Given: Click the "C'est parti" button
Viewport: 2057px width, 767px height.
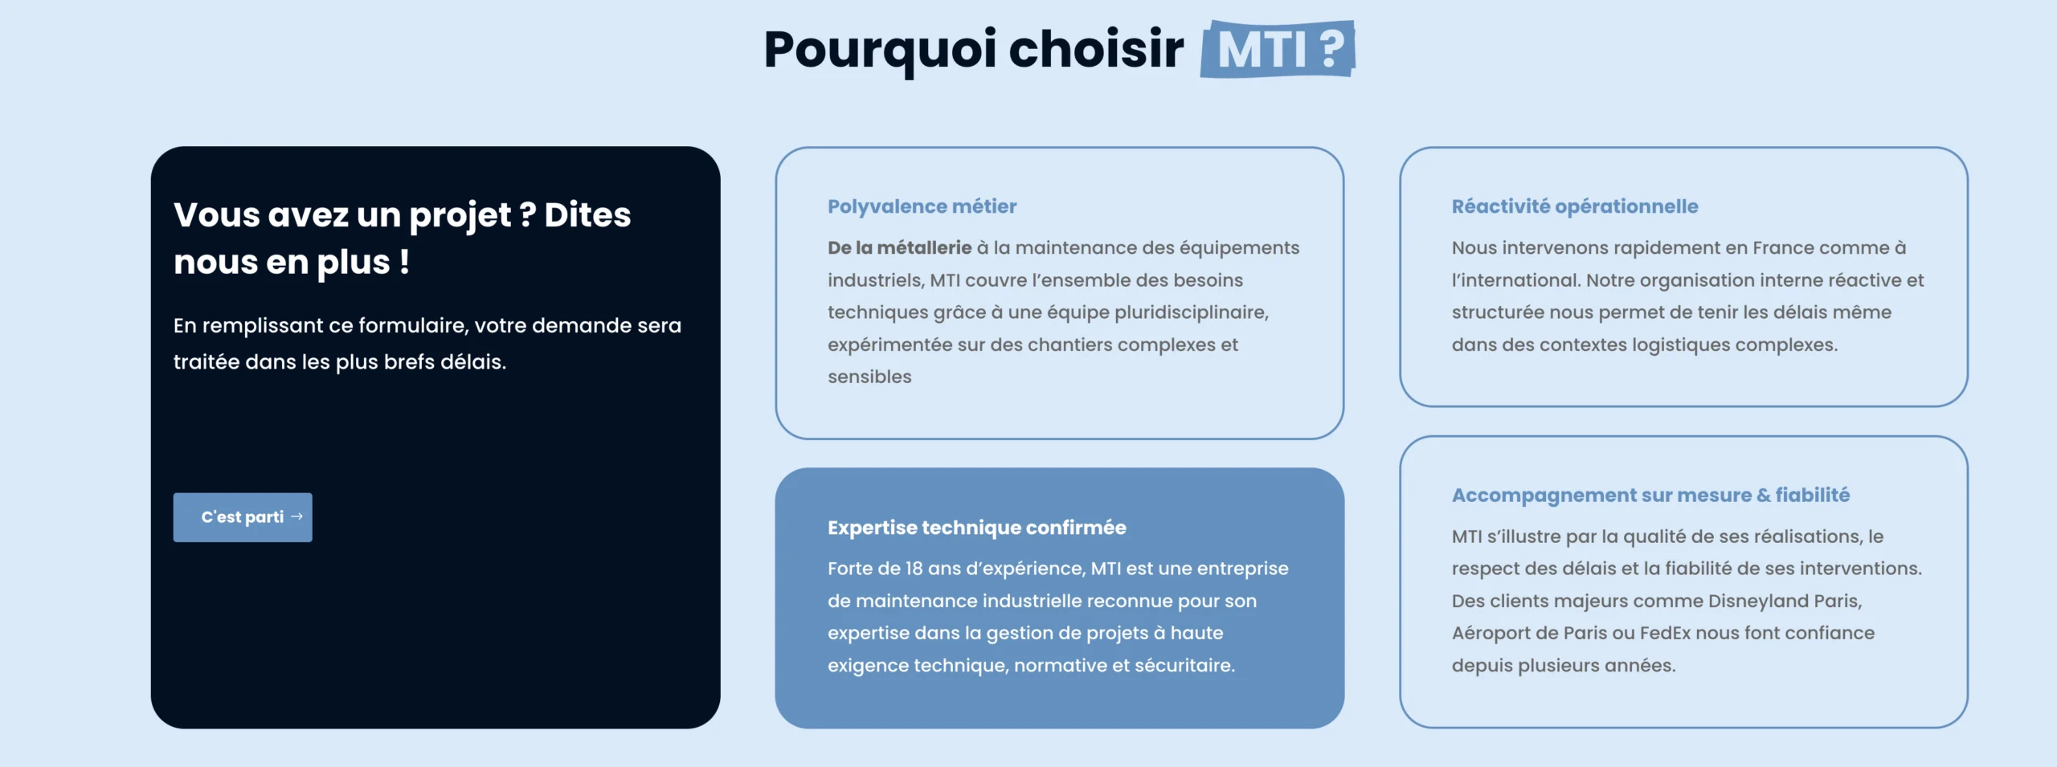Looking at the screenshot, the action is point(243,517).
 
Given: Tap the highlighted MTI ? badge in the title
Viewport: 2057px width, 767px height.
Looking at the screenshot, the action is point(1278,49).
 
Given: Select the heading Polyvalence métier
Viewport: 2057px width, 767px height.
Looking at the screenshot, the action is point(922,206).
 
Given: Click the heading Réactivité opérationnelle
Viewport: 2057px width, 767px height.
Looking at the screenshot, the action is point(1575,206).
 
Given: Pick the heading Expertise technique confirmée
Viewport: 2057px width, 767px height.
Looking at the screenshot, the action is point(977,528).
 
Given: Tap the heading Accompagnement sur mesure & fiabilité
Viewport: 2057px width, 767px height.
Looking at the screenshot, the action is point(1650,496).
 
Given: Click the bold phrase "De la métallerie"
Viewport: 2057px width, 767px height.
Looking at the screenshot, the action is point(900,248).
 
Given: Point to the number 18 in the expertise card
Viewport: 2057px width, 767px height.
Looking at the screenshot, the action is point(914,569).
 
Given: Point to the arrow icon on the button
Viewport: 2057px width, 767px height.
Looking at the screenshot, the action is point(296,516).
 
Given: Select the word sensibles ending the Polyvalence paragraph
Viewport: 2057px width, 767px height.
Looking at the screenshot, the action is point(869,377).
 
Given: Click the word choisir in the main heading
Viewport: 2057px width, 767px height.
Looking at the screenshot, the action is point(1096,49).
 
